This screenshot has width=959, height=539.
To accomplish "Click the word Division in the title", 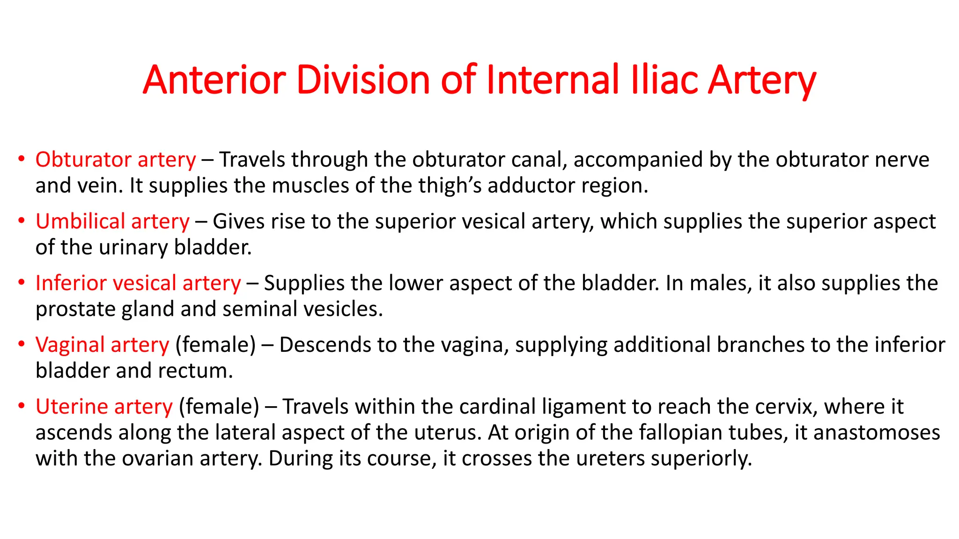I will click(x=363, y=80).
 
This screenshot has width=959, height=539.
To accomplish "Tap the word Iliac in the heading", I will click(x=664, y=80).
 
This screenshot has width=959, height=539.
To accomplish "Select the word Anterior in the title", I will click(x=214, y=80).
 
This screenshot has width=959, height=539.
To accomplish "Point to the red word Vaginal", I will click(x=70, y=345).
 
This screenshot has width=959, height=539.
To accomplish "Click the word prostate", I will click(x=75, y=309).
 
